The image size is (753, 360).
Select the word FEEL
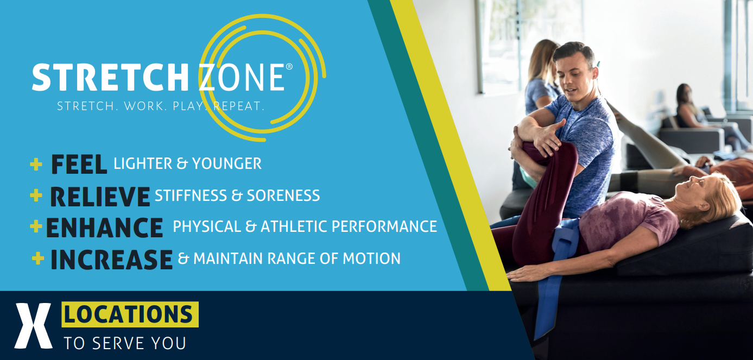coord(79,165)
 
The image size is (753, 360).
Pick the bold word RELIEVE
coord(100,196)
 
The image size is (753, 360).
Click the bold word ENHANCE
coord(104,228)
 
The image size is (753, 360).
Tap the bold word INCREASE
coord(111,260)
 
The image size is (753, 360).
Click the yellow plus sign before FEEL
coord(36,164)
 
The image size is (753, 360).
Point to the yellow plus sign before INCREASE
coord(38,258)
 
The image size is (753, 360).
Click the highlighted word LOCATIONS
coord(130,314)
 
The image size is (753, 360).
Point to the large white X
coord(33,326)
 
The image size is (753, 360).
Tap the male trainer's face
coord(577,73)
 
